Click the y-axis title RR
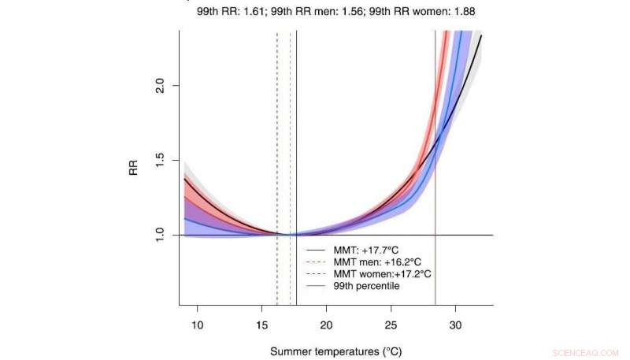tap(135, 168)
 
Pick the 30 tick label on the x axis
tap(454, 325)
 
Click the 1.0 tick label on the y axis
tap(161, 235)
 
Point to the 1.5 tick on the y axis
tap(161, 160)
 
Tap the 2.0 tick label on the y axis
tap(161, 85)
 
